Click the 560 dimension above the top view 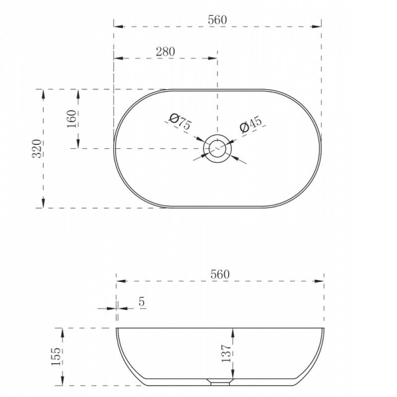217,20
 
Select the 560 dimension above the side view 220,274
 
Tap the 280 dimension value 165,52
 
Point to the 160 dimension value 71,119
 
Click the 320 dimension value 37,148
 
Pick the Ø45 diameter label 251,124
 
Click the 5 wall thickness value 142,302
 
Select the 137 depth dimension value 226,353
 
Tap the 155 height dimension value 56,356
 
